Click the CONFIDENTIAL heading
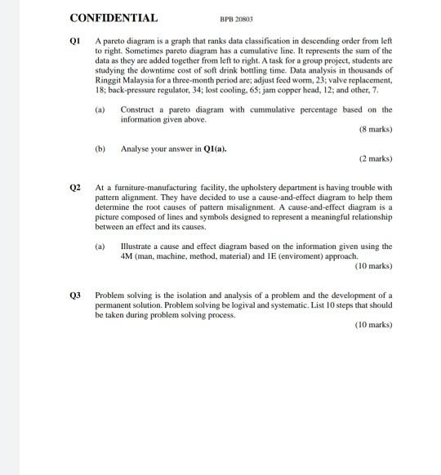[114, 18]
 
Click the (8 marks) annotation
[375, 130]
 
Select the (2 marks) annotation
[375, 158]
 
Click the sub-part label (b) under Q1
[100, 149]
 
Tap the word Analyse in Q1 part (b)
[136, 149]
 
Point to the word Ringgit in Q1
[109, 80]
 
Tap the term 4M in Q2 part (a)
[127, 255]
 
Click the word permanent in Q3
[118, 304]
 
